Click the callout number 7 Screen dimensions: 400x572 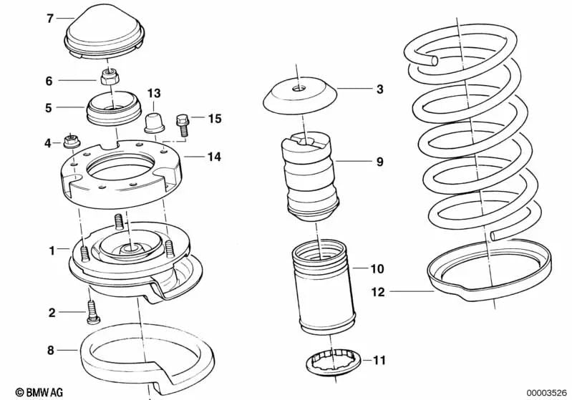point(50,19)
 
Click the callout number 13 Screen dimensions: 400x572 point(154,94)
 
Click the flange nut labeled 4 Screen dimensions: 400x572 point(72,142)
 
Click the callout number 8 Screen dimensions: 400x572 point(50,351)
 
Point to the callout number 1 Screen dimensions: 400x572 point(52,250)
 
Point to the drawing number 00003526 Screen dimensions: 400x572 point(546,391)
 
